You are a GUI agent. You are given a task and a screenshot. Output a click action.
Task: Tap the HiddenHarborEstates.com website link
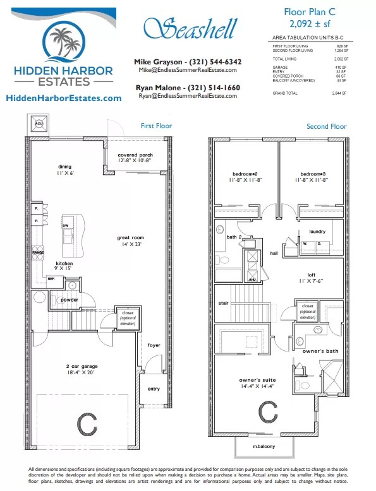63,98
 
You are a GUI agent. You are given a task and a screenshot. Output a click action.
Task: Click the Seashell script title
190,28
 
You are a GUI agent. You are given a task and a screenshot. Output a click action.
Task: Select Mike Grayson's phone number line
188,62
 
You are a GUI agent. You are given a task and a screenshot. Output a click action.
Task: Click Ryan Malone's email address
188,96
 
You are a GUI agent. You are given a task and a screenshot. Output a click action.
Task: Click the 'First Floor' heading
156,126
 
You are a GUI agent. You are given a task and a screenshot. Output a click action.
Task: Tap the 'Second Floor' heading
326,126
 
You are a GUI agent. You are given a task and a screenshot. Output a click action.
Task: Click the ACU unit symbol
39,124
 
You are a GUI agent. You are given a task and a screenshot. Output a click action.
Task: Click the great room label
131,238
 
